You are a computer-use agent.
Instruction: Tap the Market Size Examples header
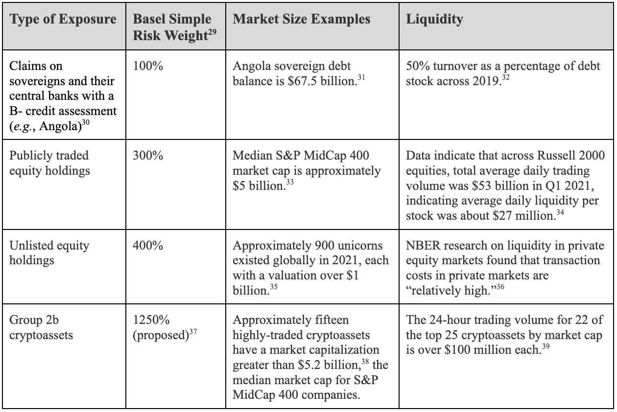pyautogui.click(x=302, y=20)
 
